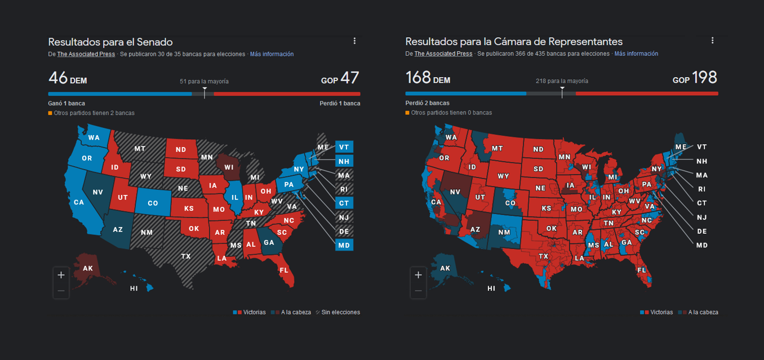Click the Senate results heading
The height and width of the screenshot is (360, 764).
click(110, 42)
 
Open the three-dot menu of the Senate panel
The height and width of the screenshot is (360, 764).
click(354, 41)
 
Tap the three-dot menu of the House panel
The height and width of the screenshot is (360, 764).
click(712, 41)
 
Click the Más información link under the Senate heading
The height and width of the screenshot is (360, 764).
click(272, 54)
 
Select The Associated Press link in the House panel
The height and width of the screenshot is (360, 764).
click(443, 54)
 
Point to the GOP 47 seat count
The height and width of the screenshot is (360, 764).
click(340, 78)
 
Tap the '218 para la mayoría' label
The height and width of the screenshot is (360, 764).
click(562, 81)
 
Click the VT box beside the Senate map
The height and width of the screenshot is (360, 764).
click(344, 147)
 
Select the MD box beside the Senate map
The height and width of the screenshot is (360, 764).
click(344, 245)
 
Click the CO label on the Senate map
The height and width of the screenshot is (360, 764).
click(153, 203)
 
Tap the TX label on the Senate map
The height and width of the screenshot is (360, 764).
click(185, 256)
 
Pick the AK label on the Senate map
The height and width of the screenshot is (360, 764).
click(88, 268)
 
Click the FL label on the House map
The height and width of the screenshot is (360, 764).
click(641, 270)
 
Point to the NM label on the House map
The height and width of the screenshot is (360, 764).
click(504, 233)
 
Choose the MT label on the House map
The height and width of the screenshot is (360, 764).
click(497, 149)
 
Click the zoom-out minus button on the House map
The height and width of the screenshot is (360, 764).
click(418, 291)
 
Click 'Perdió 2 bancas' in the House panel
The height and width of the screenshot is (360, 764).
click(427, 103)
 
